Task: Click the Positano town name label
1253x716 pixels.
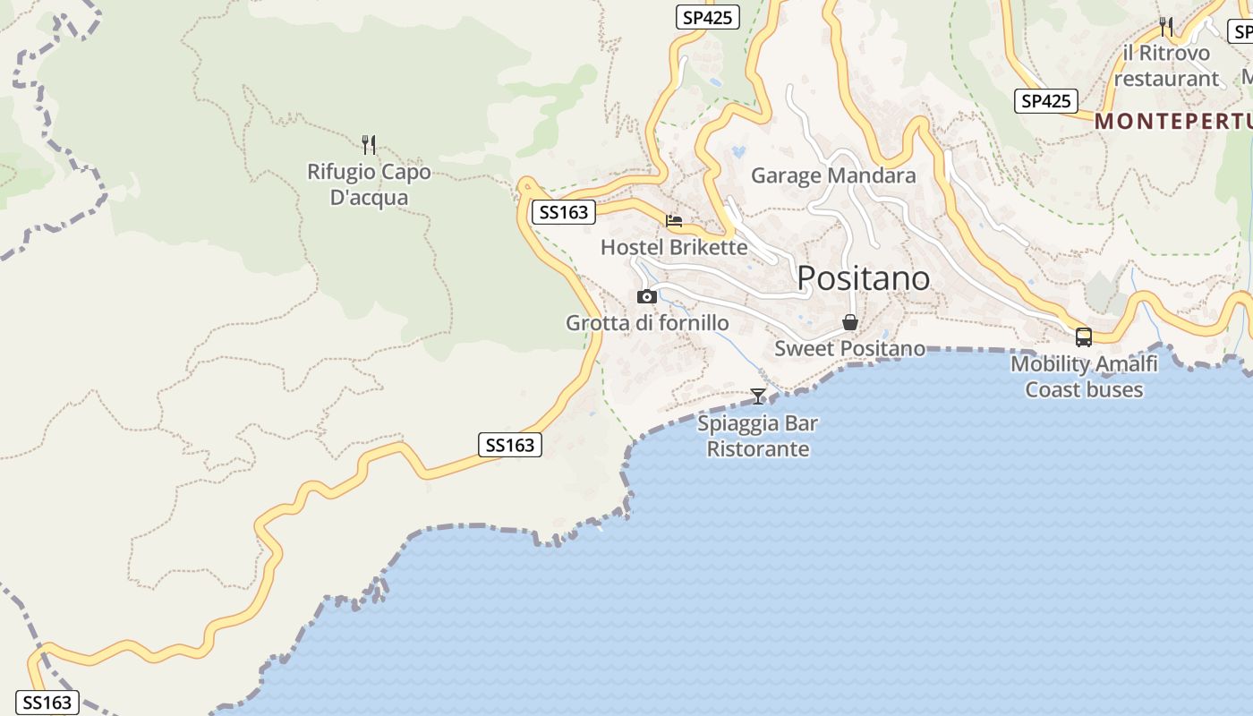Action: (x=863, y=278)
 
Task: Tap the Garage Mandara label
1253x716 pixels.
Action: (x=833, y=175)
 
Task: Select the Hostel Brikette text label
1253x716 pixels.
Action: (x=673, y=247)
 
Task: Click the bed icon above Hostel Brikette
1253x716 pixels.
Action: (x=674, y=220)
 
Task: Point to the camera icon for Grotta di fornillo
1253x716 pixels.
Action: (x=647, y=297)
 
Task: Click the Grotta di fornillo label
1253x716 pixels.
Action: (x=647, y=323)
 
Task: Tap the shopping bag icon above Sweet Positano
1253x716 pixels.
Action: (x=850, y=322)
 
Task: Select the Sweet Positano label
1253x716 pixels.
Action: (x=849, y=348)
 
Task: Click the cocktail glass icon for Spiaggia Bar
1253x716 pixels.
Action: (x=758, y=396)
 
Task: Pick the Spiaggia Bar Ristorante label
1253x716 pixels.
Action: (x=758, y=436)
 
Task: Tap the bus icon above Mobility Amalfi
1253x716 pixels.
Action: (x=1084, y=337)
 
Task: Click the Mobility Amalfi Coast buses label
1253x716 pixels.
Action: (x=1084, y=377)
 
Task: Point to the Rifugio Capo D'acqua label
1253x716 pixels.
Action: (x=369, y=184)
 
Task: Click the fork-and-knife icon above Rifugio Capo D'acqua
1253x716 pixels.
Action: (x=369, y=144)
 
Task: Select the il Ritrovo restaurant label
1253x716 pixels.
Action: (x=1166, y=65)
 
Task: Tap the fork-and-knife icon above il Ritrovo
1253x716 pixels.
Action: (x=1166, y=26)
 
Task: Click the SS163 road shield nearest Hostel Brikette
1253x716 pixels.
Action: (x=563, y=212)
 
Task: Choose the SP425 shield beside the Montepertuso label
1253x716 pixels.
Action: (x=1045, y=101)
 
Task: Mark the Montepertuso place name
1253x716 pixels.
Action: (x=1172, y=122)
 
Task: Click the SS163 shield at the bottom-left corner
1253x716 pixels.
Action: (x=47, y=703)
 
